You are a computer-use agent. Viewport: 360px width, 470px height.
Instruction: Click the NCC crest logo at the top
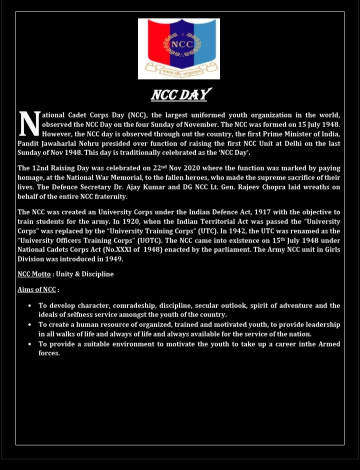coord(178,48)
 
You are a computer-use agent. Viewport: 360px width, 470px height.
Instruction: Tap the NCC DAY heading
coord(181,94)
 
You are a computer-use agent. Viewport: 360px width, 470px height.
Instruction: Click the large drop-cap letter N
coord(29,124)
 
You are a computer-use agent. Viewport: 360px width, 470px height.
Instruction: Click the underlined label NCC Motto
coord(34,274)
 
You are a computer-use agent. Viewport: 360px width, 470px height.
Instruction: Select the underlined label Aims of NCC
coord(36,289)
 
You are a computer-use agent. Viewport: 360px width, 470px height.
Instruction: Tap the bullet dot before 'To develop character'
coord(29,305)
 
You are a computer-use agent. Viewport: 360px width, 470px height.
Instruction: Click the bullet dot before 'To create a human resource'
coord(29,324)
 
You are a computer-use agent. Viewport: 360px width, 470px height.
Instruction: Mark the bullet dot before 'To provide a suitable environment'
coord(29,344)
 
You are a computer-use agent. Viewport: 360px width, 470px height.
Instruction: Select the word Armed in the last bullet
coord(329,344)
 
